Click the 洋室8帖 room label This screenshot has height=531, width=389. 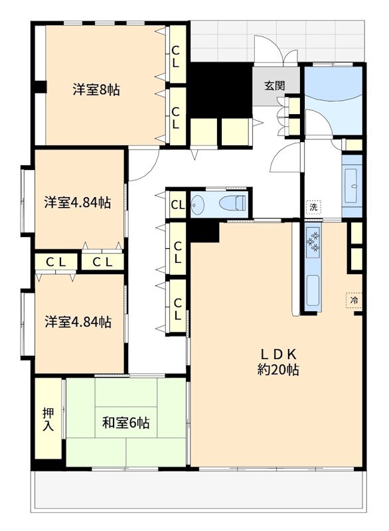pyautogui.click(x=96, y=90)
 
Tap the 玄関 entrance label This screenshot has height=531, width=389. pyautogui.click(x=274, y=86)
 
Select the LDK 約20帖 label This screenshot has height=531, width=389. pyautogui.click(x=277, y=362)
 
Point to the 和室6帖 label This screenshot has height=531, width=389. pyautogui.click(x=125, y=422)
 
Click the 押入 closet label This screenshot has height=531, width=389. pyautogui.click(x=48, y=419)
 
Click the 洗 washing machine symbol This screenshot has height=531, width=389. pyautogui.click(x=313, y=207)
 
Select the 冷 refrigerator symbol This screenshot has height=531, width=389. pyautogui.click(x=354, y=301)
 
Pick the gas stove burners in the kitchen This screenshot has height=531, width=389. pyautogui.click(x=313, y=240)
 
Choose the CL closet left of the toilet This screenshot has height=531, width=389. pyautogui.click(x=177, y=204)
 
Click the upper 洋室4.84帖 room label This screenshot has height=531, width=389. pyautogui.click(x=78, y=202)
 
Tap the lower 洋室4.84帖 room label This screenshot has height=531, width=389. pyautogui.click(x=78, y=323)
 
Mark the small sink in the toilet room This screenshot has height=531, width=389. pyautogui.click(x=198, y=204)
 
